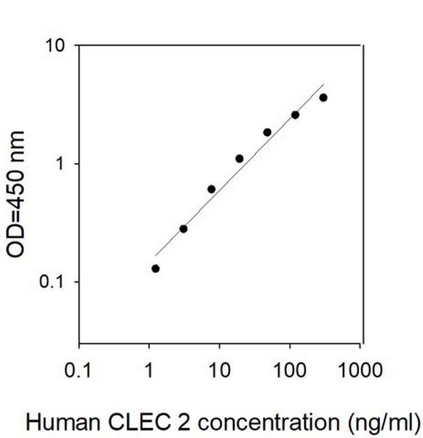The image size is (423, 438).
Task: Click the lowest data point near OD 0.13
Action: [x=156, y=268]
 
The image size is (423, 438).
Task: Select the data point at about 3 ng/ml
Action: [x=184, y=229]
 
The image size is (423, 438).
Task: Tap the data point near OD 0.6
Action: [x=211, y=189]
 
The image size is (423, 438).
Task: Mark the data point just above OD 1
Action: [x=239, y=159]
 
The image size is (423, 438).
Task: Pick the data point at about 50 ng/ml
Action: [x=267, y=132]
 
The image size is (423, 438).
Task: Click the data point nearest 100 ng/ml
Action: [x=295, y=115]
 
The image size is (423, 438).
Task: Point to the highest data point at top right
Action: [x=323, y=97]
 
